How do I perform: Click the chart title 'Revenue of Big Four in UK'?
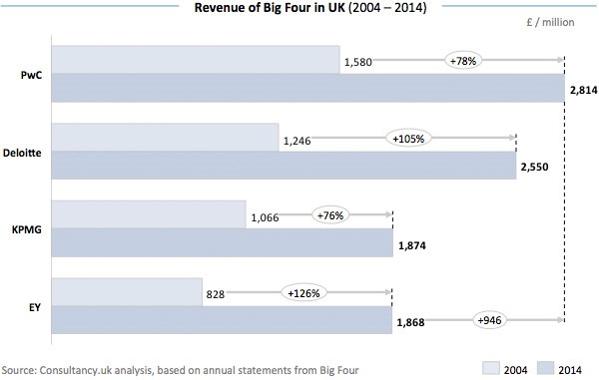(299, 10)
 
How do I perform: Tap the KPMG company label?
(26, 229)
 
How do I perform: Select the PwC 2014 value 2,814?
(583, 90)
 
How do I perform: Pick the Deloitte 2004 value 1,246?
(298, 140)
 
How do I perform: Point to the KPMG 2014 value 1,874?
(411, 244)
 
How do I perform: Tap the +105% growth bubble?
(407, 139)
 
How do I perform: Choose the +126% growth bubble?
(303, 294)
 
